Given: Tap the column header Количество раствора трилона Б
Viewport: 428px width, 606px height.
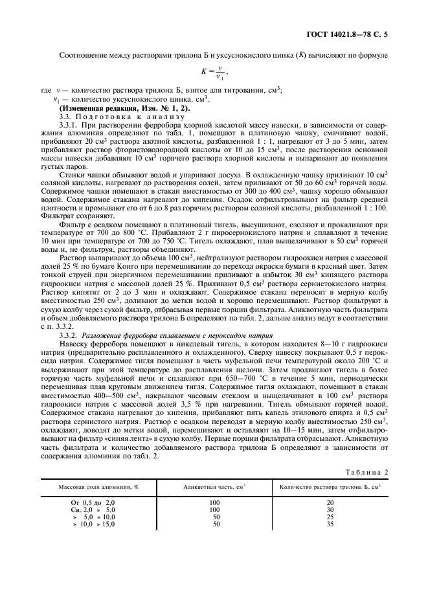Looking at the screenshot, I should [330, 486].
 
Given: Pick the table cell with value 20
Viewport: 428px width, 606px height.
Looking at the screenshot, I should [330, 502].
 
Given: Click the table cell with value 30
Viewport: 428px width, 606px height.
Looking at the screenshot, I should [330, 510].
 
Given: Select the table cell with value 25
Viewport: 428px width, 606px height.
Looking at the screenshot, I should [330, 517].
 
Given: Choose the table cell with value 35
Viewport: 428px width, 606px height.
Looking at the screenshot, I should [330, 524].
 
